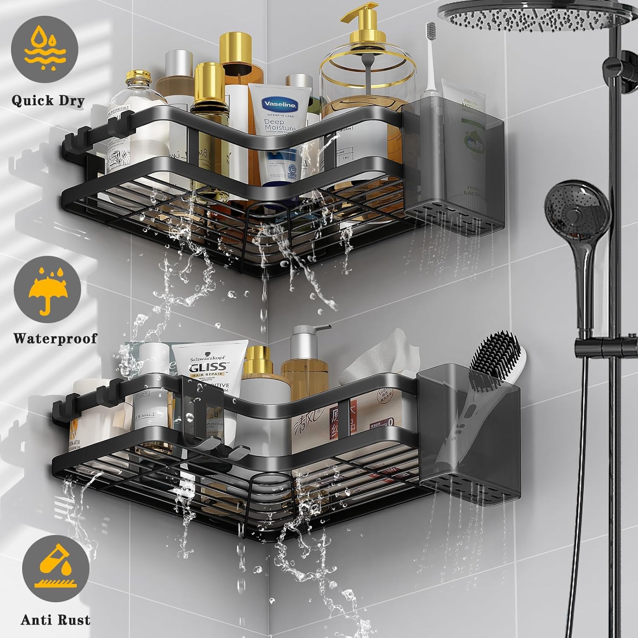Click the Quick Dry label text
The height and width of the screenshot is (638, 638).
click(48, 101)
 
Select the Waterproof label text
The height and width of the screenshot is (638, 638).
click(55, 338)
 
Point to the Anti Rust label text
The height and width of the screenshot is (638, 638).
click(55, 619)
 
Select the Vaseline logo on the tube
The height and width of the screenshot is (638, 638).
click(280, 105)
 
